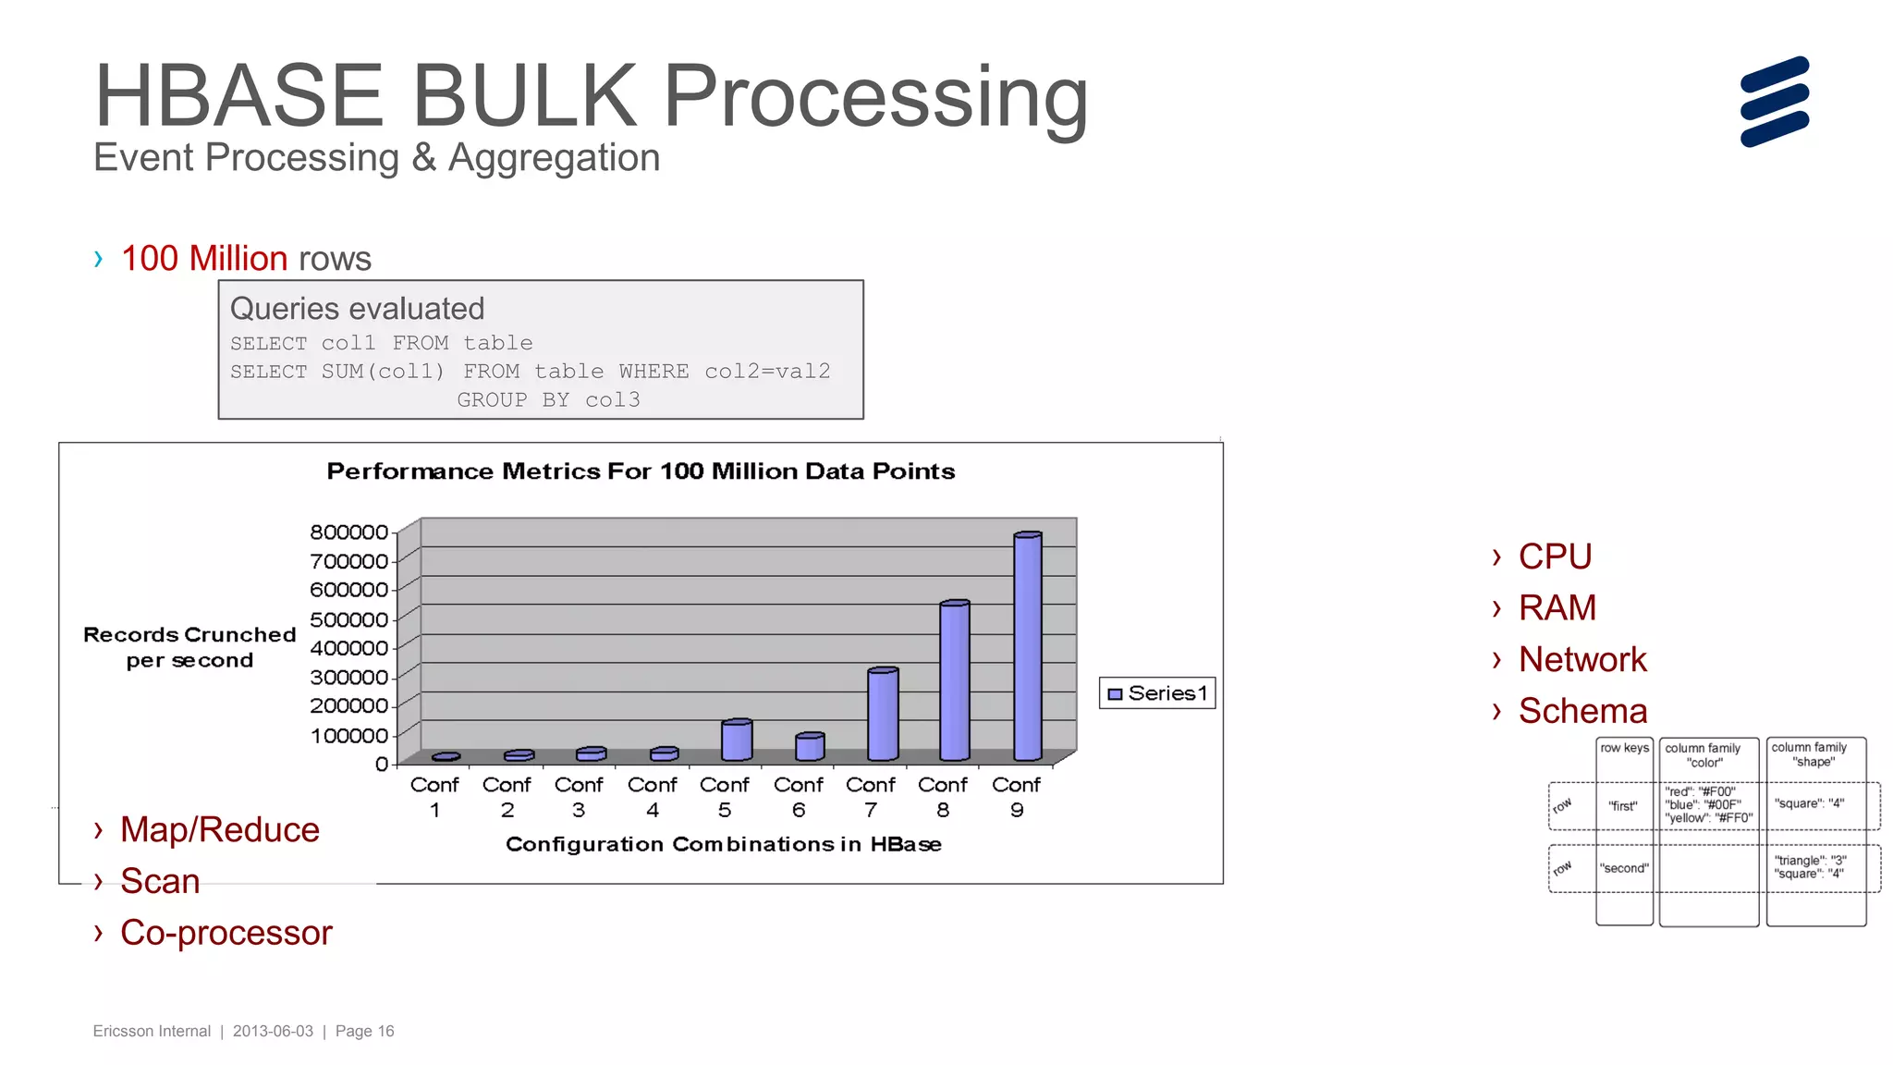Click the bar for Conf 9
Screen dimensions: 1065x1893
[x=1028, y=647]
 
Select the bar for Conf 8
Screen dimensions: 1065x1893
[x=954, y=681]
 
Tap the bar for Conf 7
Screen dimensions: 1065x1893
[x=883, y=715]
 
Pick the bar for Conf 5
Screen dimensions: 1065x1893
[x=737, y=741]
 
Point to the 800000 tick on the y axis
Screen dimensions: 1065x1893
[x=348, y=532]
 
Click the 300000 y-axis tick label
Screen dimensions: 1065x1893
[x=348, y=678]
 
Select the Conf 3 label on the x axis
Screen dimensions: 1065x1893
[x=579, y=797]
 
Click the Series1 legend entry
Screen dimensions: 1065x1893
[x=1157, y=693]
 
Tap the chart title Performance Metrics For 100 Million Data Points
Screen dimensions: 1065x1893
[x=641, y=471]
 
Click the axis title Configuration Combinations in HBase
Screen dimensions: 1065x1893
[x=724, y=844]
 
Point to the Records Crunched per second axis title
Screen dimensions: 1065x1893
[x=189, y=647]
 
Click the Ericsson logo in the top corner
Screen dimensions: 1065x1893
[x=1774, y=102]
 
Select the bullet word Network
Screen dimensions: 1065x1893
[x=1582, y=660]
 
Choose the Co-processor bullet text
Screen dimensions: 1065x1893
[x=226, y=933]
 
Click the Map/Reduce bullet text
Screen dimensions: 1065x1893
[x=220, y=830]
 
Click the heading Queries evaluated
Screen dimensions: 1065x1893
[x=357, y=309]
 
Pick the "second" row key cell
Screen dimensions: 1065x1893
[x=1624, y=868]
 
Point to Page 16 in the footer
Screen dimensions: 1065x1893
[x=364, y=1031]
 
